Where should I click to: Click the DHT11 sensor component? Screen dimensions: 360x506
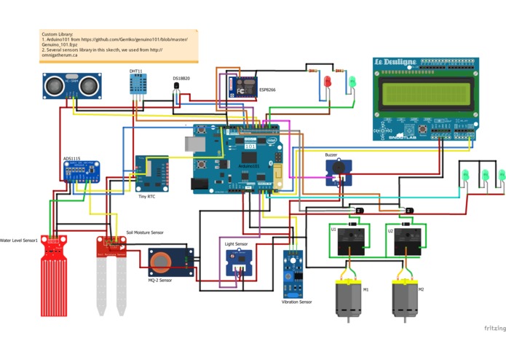tap(136, 85)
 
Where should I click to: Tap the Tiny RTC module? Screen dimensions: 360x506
tap(151, 173)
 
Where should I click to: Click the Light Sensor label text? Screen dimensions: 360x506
tap(236, 243)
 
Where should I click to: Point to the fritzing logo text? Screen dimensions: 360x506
tap(495, 328)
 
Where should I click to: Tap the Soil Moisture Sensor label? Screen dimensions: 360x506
tap(145, 232)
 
